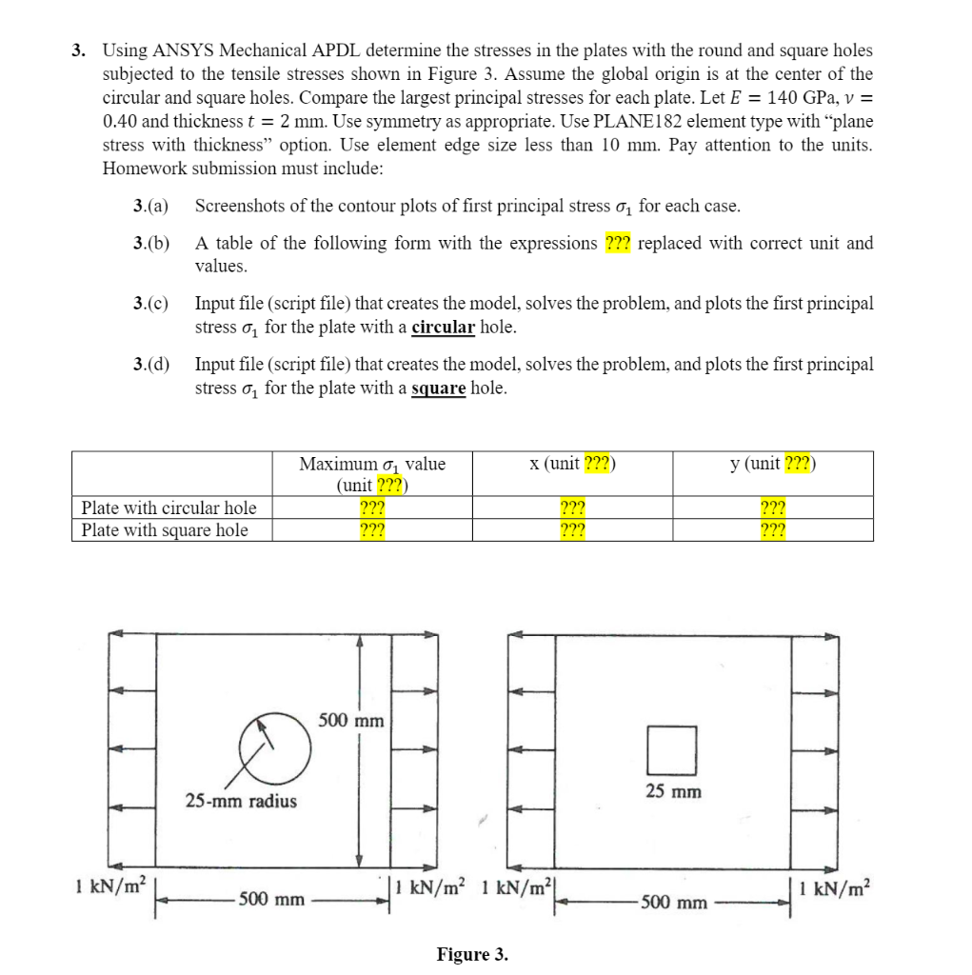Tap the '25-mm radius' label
point(241,801)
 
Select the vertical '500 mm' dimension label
point(351,720)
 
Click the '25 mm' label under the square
point(673,791)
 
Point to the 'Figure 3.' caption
point(472,954)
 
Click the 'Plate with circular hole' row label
point(169,507)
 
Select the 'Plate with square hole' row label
point(165,530)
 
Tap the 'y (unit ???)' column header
point(772,464)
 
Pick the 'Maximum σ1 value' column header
point(372,465)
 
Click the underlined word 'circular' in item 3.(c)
point(443,328)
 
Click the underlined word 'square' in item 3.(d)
point(438,388)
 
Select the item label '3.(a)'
point(151,207)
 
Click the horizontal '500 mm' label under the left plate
point(272,899)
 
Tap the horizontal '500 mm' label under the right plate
point(674,902)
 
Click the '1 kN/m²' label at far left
point(109,885)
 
